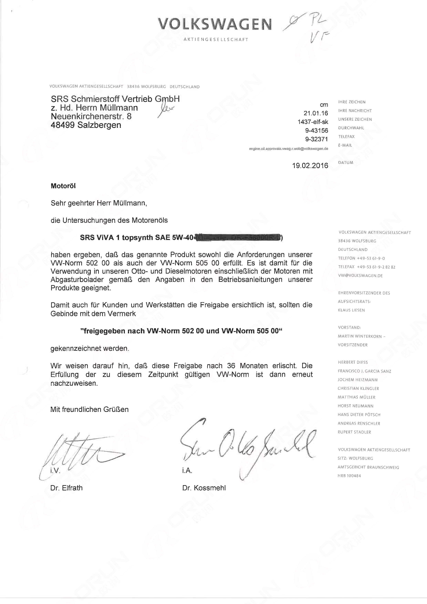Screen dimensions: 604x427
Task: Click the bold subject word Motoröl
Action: [63, 186]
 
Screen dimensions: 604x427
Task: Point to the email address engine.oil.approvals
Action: [288, 149]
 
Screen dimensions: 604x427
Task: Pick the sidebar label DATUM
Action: [346, 163]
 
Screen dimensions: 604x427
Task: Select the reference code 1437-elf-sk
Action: [313, 122]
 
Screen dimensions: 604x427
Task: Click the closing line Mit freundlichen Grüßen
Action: [89, 409]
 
